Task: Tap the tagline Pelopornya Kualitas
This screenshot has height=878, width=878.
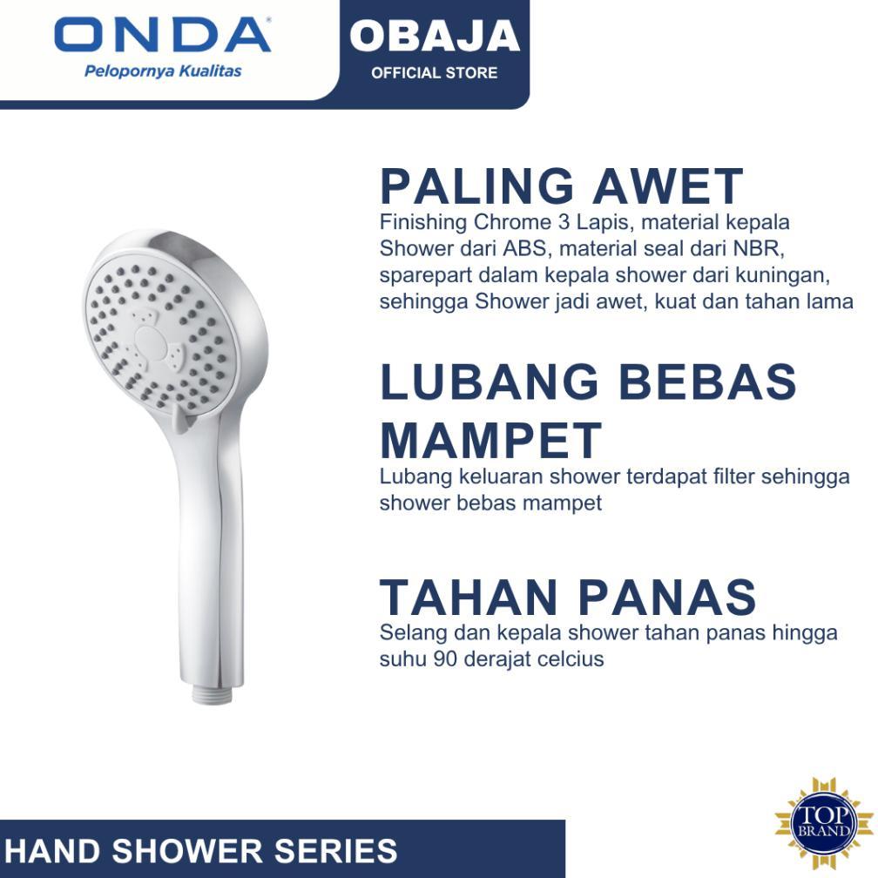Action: pyautogui.click(x=163, y=71)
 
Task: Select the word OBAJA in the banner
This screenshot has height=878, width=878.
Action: pyautogui.click(x=435, y=36)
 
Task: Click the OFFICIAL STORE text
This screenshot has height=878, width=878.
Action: pyautogui.click(x=435, y=72)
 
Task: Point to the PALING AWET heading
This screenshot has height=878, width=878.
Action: pyautogui.click(x=561, y=186)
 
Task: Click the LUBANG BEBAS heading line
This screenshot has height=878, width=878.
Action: pyautogui.click(x=588, y=382)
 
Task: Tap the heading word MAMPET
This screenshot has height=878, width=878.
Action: pyautogui.click(x=490, y=440)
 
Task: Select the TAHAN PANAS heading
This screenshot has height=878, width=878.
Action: pyautogui.click(x=568, y=598)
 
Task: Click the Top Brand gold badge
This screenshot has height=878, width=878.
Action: pyautogui.click(x=824, y=823)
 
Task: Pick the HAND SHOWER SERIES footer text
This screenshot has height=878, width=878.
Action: pyautogui.click(x=201, y=850)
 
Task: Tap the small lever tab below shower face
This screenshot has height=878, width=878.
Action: pyautogui.click(x=179, y=422)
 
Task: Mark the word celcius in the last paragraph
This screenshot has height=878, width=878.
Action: pyautogui.click(x=570, y=658)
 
